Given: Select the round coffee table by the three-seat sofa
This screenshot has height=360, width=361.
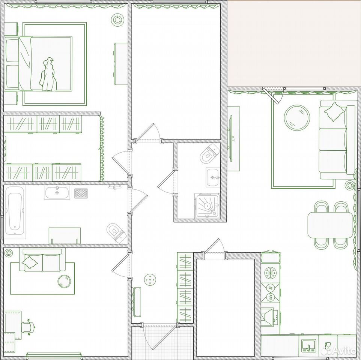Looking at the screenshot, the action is (x=297, y=118).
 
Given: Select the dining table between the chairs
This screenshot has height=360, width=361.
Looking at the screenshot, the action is (x=330, y=225).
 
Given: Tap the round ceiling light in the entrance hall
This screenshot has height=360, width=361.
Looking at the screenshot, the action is (x=150, y=280).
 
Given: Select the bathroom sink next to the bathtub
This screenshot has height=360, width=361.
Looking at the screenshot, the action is (x=57, y=192).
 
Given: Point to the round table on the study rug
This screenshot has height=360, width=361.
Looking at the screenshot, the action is (x=65, y=281).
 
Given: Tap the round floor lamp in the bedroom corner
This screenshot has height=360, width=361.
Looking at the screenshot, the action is (x=117, y=20).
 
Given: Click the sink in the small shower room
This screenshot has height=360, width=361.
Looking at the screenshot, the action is (x=213, y=177).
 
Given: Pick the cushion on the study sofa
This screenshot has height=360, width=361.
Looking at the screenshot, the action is (x=30, y=262).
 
